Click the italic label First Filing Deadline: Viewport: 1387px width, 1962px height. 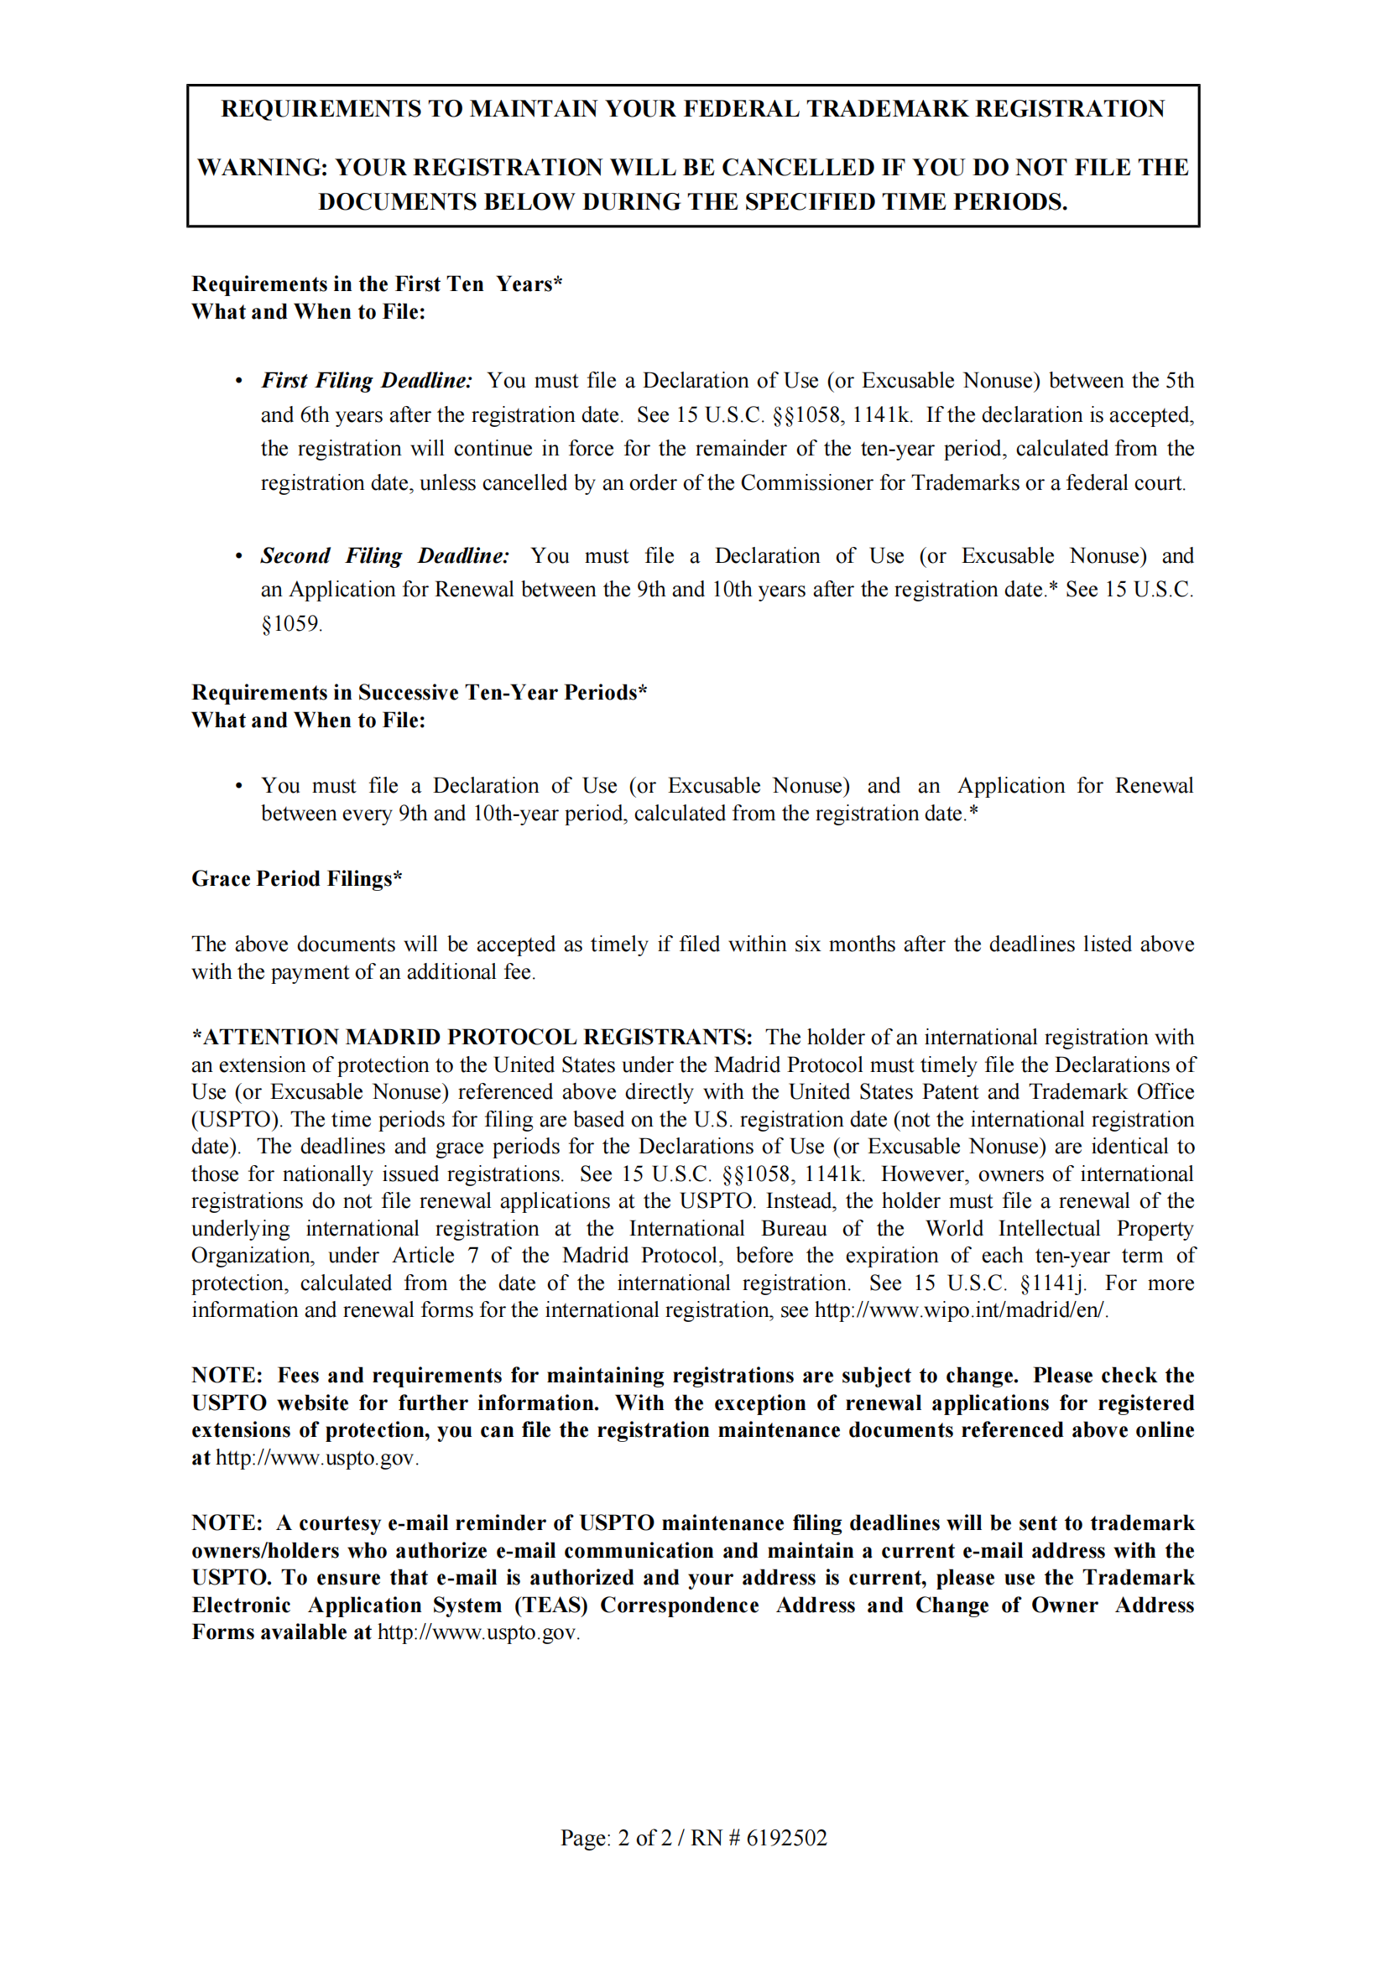click(367, 380)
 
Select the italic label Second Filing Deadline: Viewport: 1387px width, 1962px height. click(384, 555)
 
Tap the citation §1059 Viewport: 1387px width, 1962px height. click(291, 624)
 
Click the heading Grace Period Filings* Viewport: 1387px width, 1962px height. click(296, 878)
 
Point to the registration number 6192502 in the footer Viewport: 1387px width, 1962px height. click(786, 1837)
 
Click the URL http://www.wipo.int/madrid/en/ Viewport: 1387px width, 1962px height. click(961, 1310)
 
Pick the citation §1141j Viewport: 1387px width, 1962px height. click(1053, 1283)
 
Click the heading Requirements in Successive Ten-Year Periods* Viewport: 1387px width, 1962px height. click(419, 692)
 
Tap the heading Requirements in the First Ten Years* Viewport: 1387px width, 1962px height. click(377, 284)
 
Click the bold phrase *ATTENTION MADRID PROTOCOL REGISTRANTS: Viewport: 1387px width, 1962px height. click(472, 1038)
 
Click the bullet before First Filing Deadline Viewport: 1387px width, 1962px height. click(239, 381)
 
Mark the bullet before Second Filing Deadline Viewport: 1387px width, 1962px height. click(239, 556)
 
